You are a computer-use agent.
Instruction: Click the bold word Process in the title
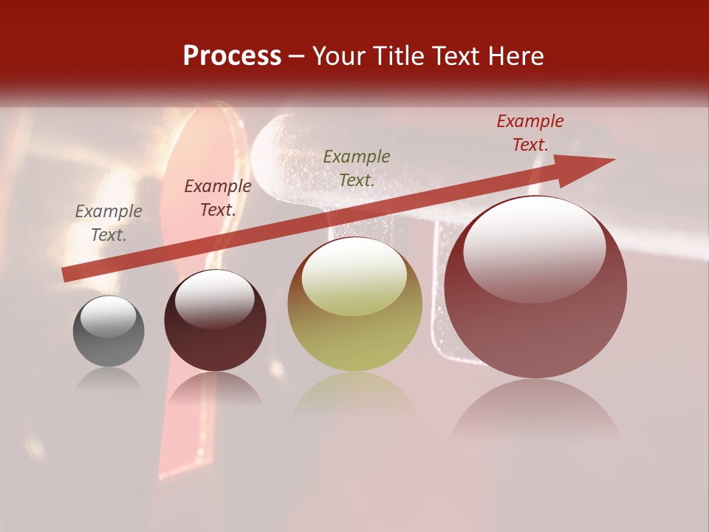(x=232, y=56)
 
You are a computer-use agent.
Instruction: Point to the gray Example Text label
(x=109, y=223)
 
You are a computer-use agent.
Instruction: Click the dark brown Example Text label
(x=218, y=198)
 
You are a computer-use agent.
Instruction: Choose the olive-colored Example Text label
(x=357, y=168)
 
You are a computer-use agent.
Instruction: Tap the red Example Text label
(x=530, y=133)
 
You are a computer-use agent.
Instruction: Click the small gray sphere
(x=109, y=340)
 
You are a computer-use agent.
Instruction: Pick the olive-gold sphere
(x=355, y=325)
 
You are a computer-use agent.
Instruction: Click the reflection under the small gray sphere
(x=109, y=380)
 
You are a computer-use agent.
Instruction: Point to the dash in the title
(x=297, y=56)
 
